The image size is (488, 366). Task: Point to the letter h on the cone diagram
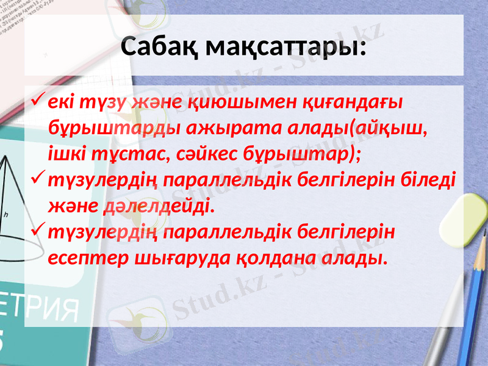point(5,214)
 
